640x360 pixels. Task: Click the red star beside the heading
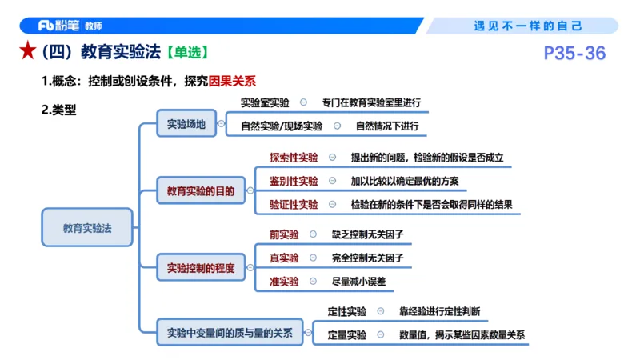pyautogui.click(x=26, y=53)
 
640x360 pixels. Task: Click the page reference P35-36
pyautogui.click(x=574, y=54)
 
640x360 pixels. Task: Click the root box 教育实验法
pyautogui.click(x=87, y=228)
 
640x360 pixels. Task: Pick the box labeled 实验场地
pyautogui.click(x=186, y=124)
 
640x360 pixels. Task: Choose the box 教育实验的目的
pyautogui.click(x=201, y=191)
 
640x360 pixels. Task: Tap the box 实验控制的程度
pyautogui.click(x=201, y=268)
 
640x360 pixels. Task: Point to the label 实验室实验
pyautogui.click(x=266, y=103)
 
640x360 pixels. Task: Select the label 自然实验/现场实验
pyautogui.click(x=282, y=126)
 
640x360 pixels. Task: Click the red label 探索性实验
pyautogui.click(x=294, y=158)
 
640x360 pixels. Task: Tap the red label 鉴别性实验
pyautogui.click(x=294, y=181)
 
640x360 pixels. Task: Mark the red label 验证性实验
pyautogui.click(x=294, y=204)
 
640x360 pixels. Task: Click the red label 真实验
pyautogui.click(x=284, y=258)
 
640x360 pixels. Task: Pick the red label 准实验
pyautogui.click(x=284, y=282)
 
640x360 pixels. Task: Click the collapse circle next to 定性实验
pyautogui.click(x=380, y=311)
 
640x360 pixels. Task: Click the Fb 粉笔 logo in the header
pyautogui.click(x=58, y=26)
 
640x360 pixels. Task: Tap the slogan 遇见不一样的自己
pyautogui.click(x=528, y=26)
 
